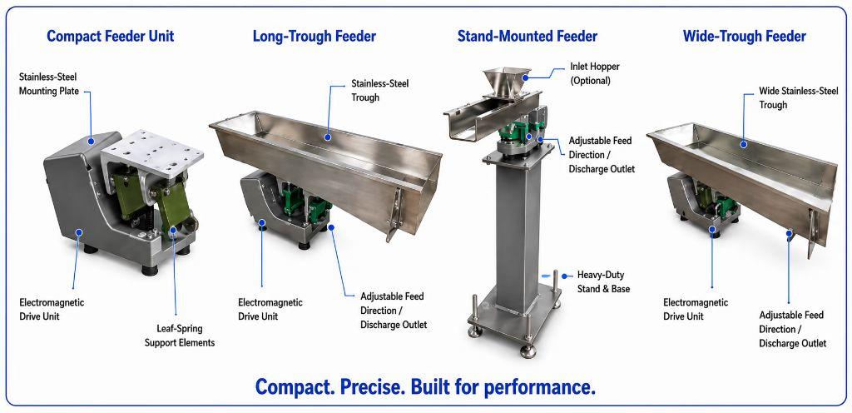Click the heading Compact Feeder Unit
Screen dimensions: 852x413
pyautogui.click(x=111, y=37)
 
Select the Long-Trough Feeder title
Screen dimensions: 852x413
pyautogui.click(x=314, y=37)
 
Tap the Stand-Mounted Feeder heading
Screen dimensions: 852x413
pyautogui.click(x=527, y=37)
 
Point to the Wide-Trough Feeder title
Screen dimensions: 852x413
pyautogui.click(x=744, y=37)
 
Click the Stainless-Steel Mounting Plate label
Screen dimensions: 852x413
pyautogui.click(x=49, y=84)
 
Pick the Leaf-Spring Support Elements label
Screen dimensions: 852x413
pyautogui.click(x=180, y=336)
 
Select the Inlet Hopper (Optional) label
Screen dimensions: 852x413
pyautogui.click(x=594, y=73)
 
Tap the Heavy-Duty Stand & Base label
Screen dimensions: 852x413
pyautogui.click(x=603, y=282)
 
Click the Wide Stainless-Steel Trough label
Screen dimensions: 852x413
pyautogui.click(x=798, y=97)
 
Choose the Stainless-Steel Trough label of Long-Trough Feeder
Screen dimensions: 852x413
pyautogui.click(x=379, y=91)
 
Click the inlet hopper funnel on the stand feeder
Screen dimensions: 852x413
pyautogui.click(x=506, y=82)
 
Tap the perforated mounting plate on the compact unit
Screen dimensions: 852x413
pyautogui.click(x=152, y=152)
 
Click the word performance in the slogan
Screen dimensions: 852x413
pyautogui.click(x=539, y=388)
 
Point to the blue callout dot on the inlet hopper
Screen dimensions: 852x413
pyautogui.click(x=526, y=78)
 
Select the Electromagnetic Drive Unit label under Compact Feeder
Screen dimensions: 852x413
pyautogui.click(x=52, y=309)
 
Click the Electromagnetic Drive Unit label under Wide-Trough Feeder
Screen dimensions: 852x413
pyautogui.click(x=696, y=309)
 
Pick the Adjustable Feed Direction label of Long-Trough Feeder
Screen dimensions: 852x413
pyautogui.click(x=394, y=311)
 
